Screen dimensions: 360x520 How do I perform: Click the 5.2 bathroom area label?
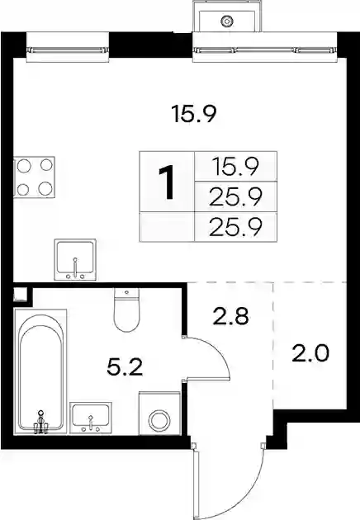pos(125,368)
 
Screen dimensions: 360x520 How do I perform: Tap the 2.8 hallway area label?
pos(231,316)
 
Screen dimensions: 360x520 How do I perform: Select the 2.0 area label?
pos(310,353)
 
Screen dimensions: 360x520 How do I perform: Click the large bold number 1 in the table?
pos(167,182)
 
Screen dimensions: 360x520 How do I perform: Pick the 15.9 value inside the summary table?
pos(236,167)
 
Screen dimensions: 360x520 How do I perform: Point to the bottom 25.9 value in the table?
pos(236,227)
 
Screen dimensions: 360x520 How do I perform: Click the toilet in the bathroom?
pos(127,310)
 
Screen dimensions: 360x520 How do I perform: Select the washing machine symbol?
pos(160,414)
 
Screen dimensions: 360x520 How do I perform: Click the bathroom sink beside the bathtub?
pos(91,418)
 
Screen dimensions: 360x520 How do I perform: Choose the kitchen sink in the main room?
pos(75,260)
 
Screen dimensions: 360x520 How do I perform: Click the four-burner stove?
pos(34,177)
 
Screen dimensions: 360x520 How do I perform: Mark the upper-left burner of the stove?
pos(24,166)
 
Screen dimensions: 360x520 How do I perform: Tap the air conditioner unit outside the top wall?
pos(228,16)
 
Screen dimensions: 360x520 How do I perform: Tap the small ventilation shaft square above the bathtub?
pos(21,295)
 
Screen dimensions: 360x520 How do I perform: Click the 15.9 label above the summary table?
pos(194,114)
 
